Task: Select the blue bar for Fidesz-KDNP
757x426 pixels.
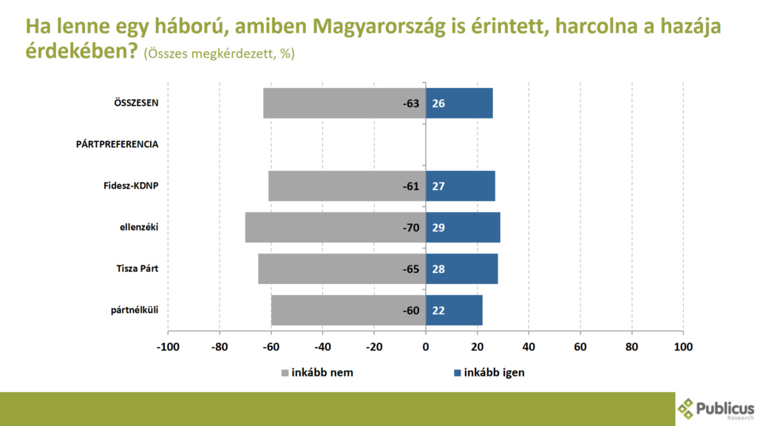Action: [x=460, y=186]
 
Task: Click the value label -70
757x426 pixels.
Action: [x=411, y=227]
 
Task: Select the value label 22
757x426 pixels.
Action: [x=438, y=310]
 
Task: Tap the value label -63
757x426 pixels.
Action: [x=411, y=103]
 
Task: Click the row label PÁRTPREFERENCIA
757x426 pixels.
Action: [x=117, y=144]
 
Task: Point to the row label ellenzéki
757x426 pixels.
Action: [x=139, y=227]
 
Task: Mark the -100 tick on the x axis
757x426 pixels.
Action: [x=169, y=346]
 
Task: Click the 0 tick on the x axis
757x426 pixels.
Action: [x=426, y=346]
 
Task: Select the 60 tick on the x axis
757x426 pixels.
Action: [x=580, y=346]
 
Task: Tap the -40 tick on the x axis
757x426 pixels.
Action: [x=322, y=346]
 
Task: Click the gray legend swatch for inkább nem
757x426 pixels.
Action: [x=285, y=373]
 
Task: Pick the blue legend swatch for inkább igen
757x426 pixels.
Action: [x=458, y=373]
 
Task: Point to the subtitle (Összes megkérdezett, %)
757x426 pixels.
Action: [x=219, y=53]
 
